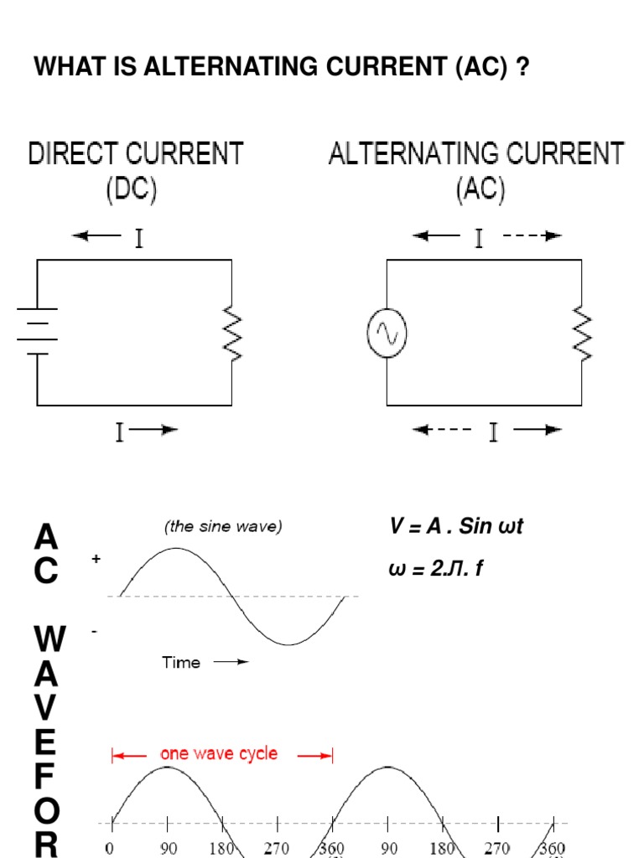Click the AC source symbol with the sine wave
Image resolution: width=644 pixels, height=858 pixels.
pos(387,333)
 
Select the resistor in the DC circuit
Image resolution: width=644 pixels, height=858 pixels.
pos(231,333)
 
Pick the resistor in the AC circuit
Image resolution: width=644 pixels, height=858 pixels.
pos(581,333)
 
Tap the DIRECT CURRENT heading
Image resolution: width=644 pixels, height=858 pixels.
pos(136,154)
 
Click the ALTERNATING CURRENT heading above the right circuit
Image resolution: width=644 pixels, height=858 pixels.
pos(476,154)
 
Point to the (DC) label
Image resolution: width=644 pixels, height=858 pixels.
pos(132,191)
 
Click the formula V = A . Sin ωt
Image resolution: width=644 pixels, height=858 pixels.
pos(456,527)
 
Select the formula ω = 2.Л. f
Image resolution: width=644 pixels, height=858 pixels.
pos(435,570)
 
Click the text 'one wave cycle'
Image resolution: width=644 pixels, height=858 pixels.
pos(219,754)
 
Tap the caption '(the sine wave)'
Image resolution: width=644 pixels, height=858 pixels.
pos(223,527)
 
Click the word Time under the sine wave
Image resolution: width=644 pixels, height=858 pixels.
pos(181,663)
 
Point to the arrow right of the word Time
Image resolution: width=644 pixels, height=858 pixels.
pos(231,662)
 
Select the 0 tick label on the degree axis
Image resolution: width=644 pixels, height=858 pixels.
pos(112,847)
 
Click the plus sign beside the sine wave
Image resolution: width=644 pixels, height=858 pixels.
pos(96,559)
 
